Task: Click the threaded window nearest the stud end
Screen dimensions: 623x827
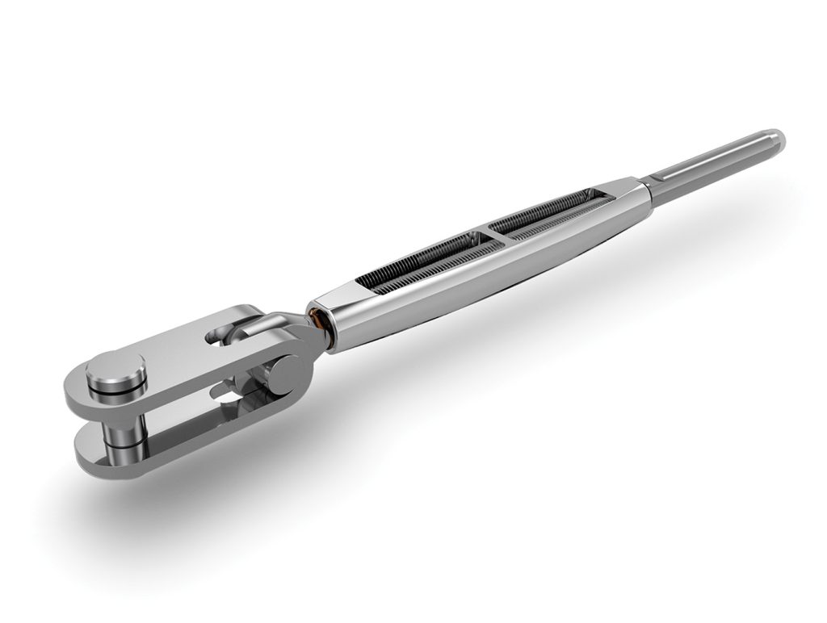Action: [549, 211]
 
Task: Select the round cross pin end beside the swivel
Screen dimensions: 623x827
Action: [284, 375]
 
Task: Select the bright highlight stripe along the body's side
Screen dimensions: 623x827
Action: [485, 266]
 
